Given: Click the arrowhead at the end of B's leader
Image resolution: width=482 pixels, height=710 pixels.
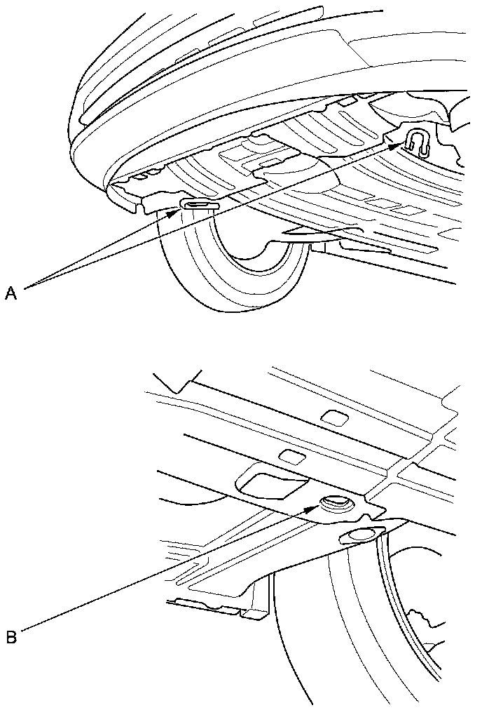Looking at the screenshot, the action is point(313,509).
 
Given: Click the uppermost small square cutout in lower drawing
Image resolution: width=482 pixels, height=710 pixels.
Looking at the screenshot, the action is point(334,419).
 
